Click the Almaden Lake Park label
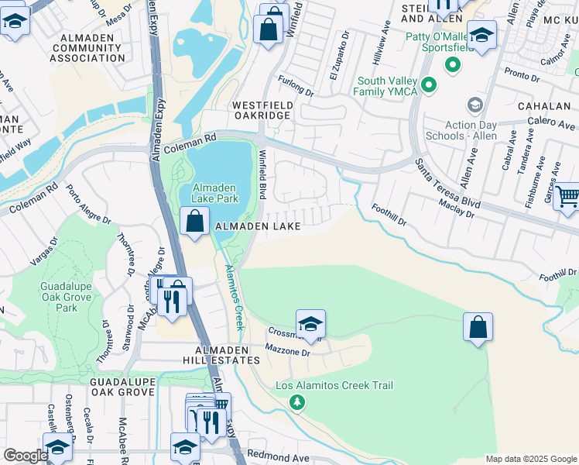click(216, 193)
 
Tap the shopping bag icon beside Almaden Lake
click(194, 222)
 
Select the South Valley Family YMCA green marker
click(430, 84)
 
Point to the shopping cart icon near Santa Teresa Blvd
click(567, 196)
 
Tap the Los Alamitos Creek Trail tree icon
click(296, 402)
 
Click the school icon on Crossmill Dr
click(310, 324)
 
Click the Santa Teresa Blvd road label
click(448, 184)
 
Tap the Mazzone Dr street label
click(288, 352)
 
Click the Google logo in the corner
click(26, 456)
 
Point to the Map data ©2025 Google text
click(530, 459)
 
